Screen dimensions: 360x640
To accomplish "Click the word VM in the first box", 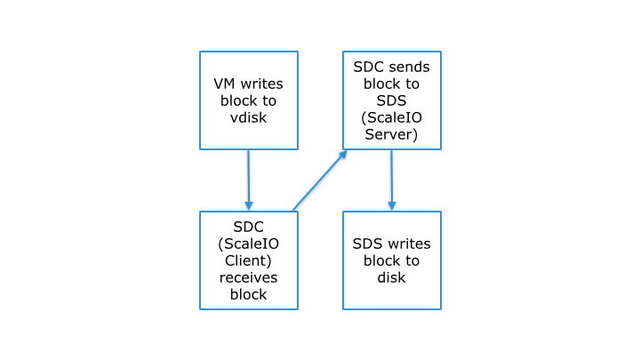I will tap(226, 84).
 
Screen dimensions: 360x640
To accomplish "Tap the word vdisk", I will tap(248, 116).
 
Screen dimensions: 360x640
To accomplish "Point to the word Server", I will tap(392, 134).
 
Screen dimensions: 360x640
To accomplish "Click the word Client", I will tap(248, 261).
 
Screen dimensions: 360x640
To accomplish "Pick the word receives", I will tap(248, 278).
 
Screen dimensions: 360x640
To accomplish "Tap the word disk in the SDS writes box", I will tap(391, 277).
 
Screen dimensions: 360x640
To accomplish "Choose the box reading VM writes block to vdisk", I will tap(248, 100).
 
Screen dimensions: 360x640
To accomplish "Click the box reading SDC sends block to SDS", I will tap(392, 100).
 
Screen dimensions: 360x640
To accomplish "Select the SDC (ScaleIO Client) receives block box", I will tap(248, 260).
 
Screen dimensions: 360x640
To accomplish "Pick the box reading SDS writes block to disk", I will tap(391, 260).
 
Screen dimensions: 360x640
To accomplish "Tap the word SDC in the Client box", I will tap(248, 228).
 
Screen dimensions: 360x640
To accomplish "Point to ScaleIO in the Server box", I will tap(392, 117).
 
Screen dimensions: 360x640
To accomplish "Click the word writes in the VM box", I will tap(262, 84).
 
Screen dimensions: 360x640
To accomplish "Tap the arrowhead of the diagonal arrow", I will tap(343, 153).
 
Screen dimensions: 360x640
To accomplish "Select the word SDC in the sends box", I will tap(369, 67).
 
